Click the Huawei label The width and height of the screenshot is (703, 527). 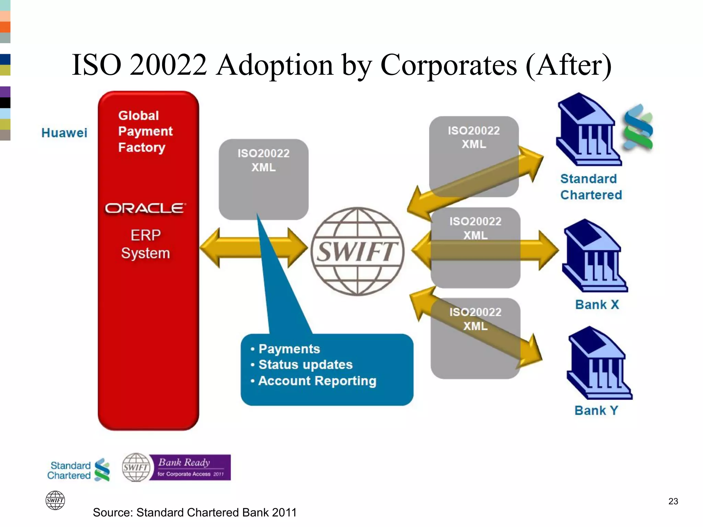coord(64,133)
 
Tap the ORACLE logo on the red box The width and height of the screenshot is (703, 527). coord(146,208)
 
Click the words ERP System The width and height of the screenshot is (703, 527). coord(146,244)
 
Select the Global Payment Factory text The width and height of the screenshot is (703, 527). coord(145,131)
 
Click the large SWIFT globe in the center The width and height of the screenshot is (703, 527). coord(357,251)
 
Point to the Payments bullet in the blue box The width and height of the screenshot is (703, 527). coord(289,349)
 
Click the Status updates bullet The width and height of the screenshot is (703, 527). coord(305,365)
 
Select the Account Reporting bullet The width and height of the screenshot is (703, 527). coord(317,381)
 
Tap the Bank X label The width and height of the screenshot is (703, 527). coord(597,305)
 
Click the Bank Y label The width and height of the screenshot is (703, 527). coord(596,410)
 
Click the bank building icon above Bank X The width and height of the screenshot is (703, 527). coord(595,256)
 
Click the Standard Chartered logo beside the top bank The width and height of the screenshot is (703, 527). coord(638,127)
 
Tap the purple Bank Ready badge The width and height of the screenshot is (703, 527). coord(190,468)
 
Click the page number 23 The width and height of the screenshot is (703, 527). coord(673,501)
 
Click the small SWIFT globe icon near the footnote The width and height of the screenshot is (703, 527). coord(55,500)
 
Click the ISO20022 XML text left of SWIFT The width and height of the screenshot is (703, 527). coord(263,160)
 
